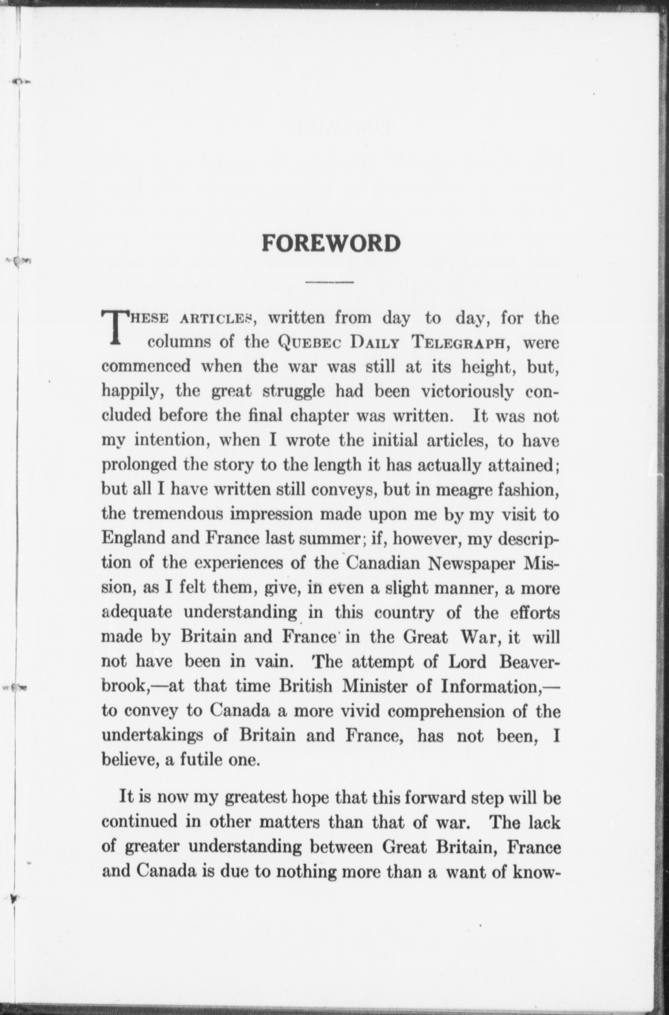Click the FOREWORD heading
tap(331, 243)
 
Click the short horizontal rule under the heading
tap(329, 282)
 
